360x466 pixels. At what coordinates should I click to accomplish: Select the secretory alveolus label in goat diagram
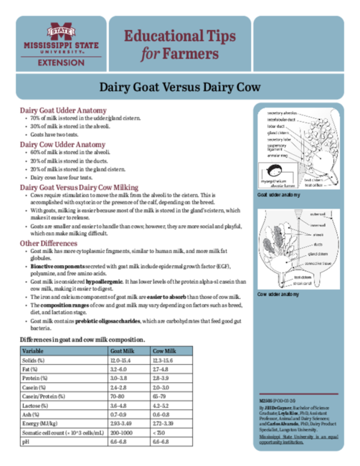[x=283, y=113]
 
